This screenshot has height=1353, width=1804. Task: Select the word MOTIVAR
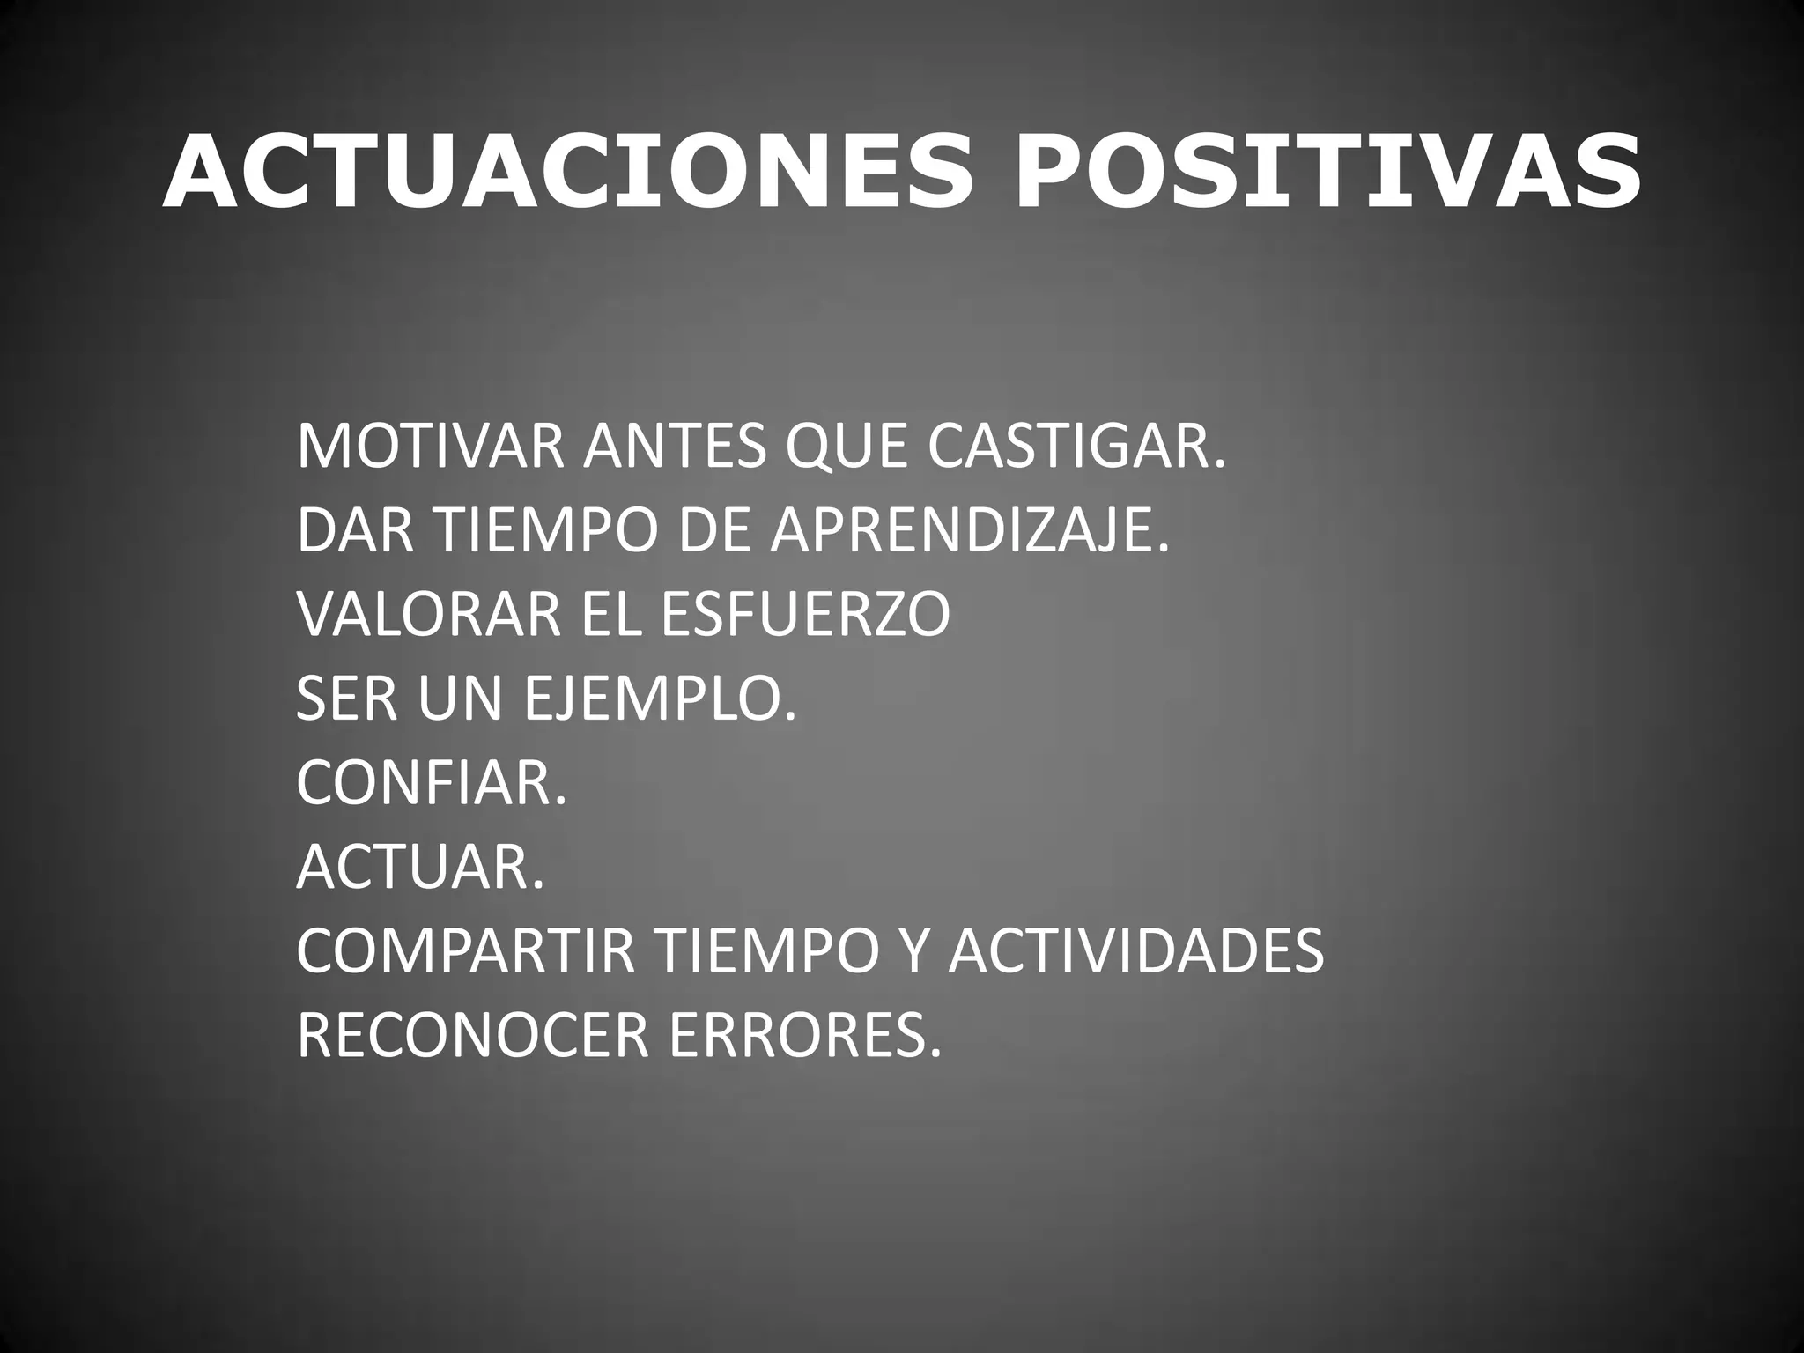pos(430,447)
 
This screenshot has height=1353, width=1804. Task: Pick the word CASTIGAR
pos(1076,447)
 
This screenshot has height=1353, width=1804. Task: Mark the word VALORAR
pos(428,615)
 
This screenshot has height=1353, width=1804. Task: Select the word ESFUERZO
pos(804,615)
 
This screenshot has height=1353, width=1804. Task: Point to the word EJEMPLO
pos(660,699)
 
